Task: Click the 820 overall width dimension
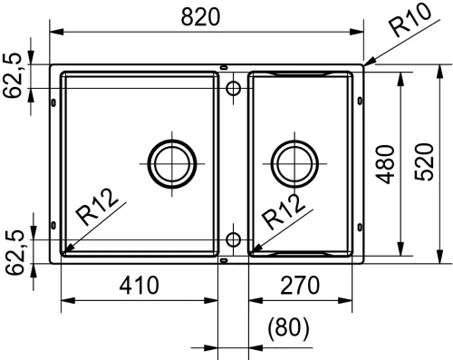(200, 17)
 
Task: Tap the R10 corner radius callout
(410, 20)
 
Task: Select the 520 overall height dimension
(424, 162)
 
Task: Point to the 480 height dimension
(386, 165)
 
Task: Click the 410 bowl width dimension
(139, 286)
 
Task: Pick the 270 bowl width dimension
(300, 286)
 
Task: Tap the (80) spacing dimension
(288, 328)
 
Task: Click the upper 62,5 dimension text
(13, 75)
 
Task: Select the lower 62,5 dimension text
(14, 252)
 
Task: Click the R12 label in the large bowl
(96, 207)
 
